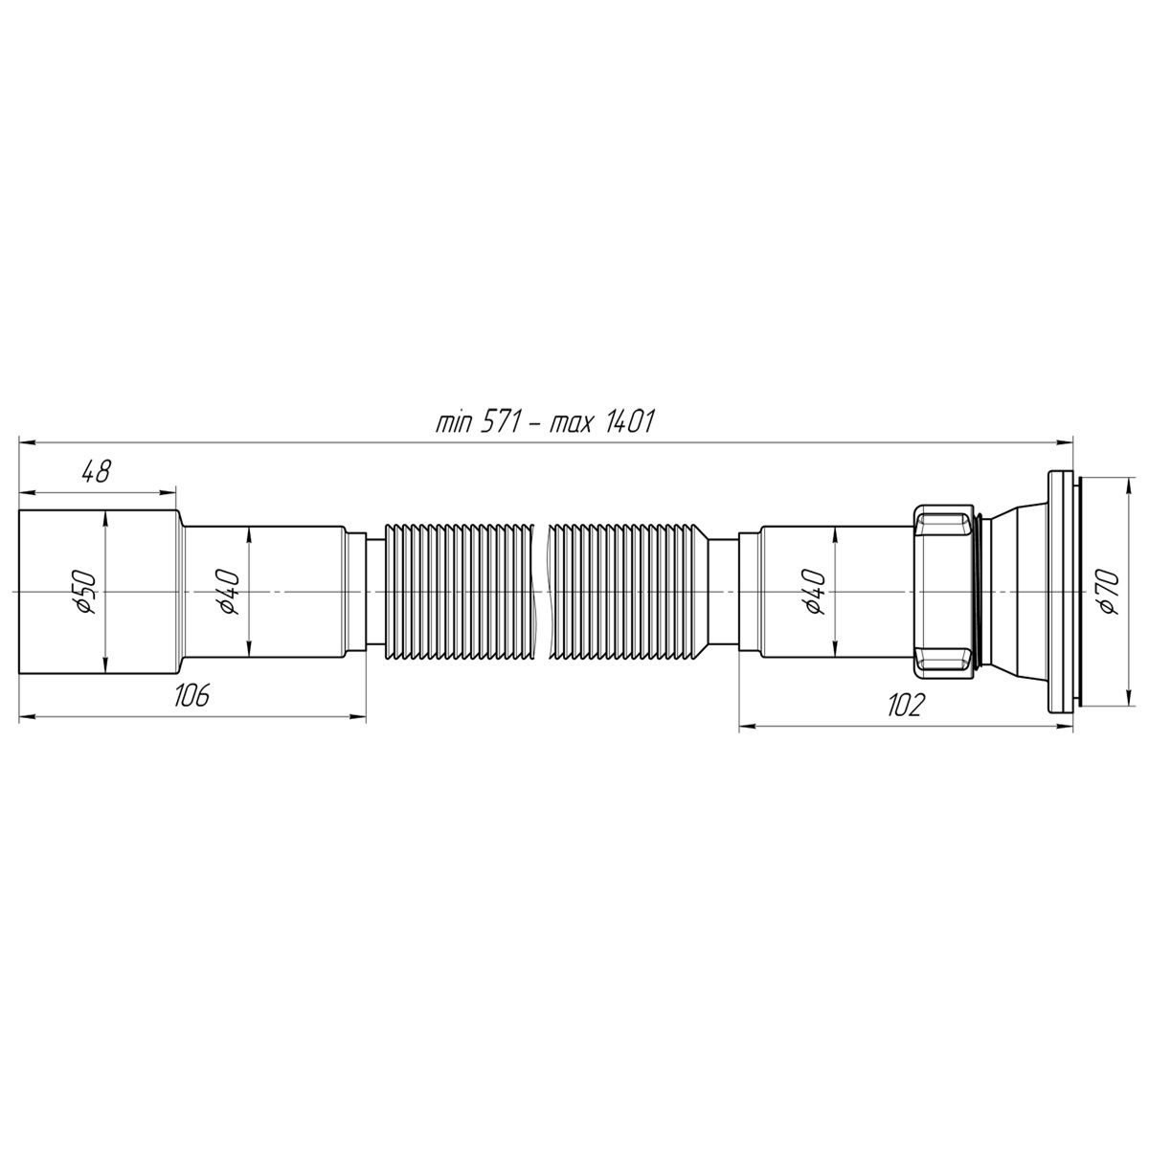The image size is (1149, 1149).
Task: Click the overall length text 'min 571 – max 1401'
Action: pyautogui.click(x=544, y=422)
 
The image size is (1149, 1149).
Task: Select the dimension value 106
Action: pyautogui.click(x=191, y=696)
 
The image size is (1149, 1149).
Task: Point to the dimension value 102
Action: pyautogui.click(x=904, y=706)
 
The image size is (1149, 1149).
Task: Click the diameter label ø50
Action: pyautogui.click(x=86, y=593)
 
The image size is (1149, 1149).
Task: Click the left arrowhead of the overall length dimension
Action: pyautogui.click(x=27, y=441)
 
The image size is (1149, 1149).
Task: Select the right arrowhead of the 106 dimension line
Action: pyautogui.click(x=360, y=714)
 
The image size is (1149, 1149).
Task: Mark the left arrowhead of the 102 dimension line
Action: pyautogui.click(x=747, y=725)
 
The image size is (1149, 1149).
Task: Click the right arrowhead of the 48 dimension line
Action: pyautogui.click(x=170, y=493)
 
